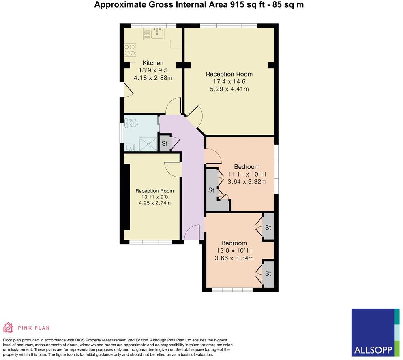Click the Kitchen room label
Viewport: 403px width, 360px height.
[153, 63]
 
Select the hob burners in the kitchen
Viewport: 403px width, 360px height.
[130, 50]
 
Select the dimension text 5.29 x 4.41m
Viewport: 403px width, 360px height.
[229, 89]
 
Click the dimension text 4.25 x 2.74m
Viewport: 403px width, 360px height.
[154, 203]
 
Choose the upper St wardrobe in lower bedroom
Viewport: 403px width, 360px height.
[268, 228]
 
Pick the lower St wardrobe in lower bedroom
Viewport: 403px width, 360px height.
[268, 274]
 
